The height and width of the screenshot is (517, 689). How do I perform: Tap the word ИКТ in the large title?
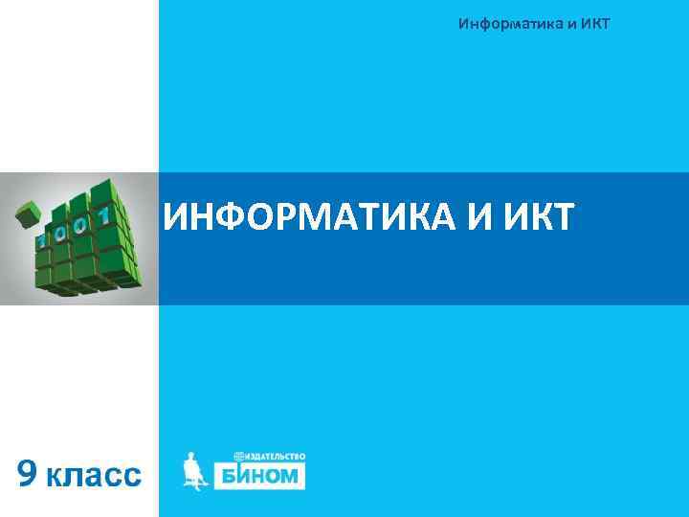536,216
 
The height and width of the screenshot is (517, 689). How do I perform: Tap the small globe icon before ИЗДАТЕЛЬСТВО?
238,456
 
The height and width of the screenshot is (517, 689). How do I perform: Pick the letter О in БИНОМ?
276,475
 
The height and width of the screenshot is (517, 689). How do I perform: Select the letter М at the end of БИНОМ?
294,475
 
